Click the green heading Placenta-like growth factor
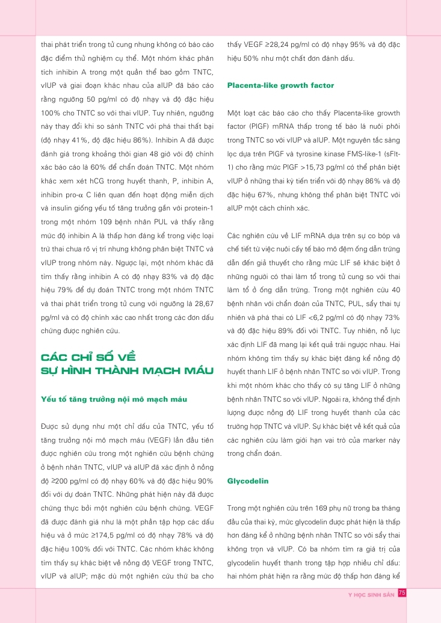pyautogui.click(x=280, y=85)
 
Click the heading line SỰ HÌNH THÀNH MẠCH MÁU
pyautogui.click(x=127, y=370)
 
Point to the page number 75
pyautogui.click(x=402, y=593)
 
